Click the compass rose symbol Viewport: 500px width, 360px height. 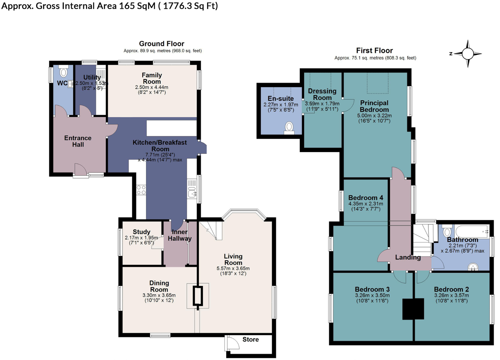click(468, 54)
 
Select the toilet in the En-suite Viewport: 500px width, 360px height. click(289, 127)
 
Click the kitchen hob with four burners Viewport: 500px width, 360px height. click(141, 190)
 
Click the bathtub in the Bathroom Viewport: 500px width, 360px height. click(472, 231)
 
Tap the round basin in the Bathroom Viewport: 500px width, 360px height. click(473, 267)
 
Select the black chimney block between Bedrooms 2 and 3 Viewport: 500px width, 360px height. click(413, 309)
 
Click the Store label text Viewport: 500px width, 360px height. click(250, 339)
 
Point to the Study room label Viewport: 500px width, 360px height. click(141, 232)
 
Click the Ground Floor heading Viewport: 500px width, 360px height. click(161, 44)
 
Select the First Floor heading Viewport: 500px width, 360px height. click(374, 50)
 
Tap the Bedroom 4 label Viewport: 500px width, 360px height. click(366, 198)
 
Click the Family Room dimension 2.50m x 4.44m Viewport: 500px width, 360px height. click(151, 87)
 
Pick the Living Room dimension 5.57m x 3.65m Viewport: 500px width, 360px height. click(233, 268)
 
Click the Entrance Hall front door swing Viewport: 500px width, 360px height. click(80, 170)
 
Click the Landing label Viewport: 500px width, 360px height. click(408, 257)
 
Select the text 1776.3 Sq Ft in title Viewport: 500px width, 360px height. click(190, 6)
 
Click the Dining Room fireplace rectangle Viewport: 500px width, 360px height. click(198, 296)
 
